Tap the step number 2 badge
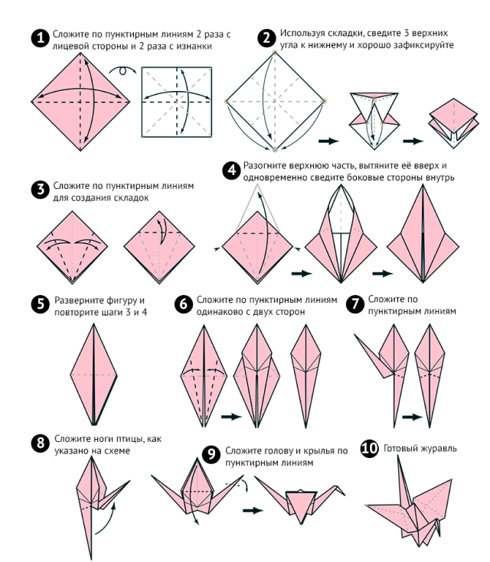pos(266,37)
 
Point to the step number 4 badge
pos(232,170)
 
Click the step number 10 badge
pos(369,449)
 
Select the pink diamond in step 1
pos(83,100)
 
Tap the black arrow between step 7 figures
pos(412,417)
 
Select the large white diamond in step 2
pos(274,100)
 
